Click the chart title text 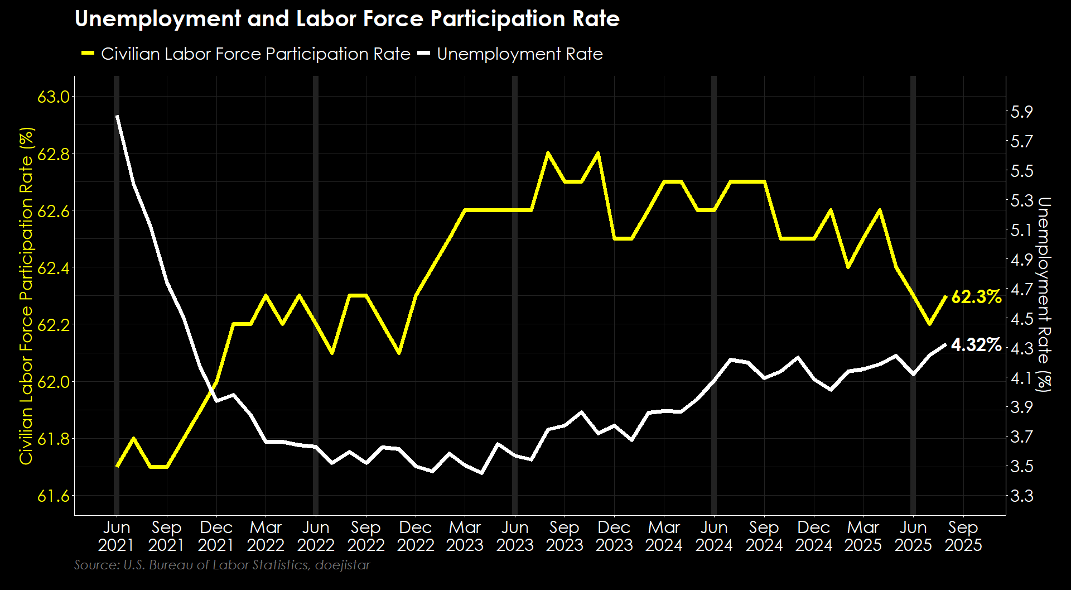[347, 19]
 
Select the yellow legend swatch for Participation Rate [88, 54]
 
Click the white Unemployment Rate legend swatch [424, 54]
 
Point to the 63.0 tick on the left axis [54, 97]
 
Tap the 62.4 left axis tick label [54, 268]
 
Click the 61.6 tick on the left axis [54, 496]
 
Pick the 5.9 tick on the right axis [1022, 112]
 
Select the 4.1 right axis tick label [1022, 378]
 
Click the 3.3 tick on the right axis [1022, 496]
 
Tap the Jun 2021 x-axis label [117, 536]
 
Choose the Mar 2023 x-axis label [465, 536]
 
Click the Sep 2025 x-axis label [963, 536]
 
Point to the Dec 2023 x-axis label [614, 536]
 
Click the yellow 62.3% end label [976, 297]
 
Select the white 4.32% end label [976, 345]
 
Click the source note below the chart [222, 565]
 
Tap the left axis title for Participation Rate [26, 296]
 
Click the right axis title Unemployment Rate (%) [1044, 294]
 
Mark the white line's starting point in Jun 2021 [117, 116]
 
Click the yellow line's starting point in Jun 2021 [117, 466]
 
